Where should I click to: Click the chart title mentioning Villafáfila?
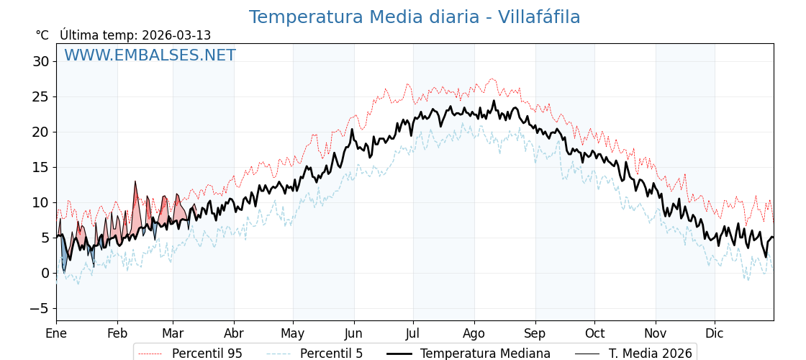click(x=415, y=17)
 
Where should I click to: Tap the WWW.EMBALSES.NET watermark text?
click(x=150, y=55)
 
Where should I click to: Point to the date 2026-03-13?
click(x=176, y=35)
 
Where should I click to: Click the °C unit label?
click(x=42, y=35)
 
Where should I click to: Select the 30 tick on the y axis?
click(x=40, y=62)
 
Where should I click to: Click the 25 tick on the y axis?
click(x=40, y=97)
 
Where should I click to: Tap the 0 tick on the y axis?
click(x=45, y=273)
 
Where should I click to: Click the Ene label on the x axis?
click(x=56, y=333)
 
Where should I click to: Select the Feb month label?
click(x=117, y=333)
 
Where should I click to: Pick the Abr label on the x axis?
click(x=233, y=333)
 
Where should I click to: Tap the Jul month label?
click(x=413, y=333)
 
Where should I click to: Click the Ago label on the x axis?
click(x=474, y=333)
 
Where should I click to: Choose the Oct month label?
click(x=594, y=333)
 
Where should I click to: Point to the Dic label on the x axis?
click(x=715, y=333)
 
